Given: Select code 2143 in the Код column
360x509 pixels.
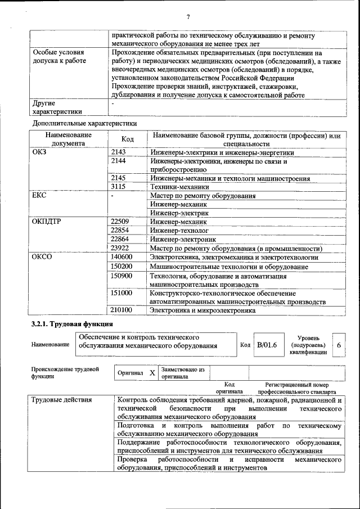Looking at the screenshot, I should [x=119, y=152].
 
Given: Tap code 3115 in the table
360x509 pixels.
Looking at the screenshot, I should [x=119, y=186].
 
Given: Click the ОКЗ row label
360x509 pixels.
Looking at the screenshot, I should [x=40, y=152].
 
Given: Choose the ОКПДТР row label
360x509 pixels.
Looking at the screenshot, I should [x=46, y=222].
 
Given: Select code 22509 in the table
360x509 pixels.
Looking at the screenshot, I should [x=120, y=222].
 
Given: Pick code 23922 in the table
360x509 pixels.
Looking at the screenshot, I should [x=120, y=247].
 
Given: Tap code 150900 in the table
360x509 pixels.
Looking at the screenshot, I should [x=121, y=276].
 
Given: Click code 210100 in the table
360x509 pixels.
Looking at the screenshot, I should [x=121, y=310].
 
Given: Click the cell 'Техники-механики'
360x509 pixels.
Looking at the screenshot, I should [x=179, y=187].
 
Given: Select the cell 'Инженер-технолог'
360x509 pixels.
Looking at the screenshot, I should [x=179, y=231].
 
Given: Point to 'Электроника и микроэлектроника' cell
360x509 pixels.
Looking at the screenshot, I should [x=202, y=310].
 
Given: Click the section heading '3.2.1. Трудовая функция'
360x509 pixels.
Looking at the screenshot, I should [x=71, y=325].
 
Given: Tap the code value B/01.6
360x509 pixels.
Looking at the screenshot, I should [x=267, y=345].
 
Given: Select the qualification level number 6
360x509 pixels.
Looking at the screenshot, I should [x=339, y=345].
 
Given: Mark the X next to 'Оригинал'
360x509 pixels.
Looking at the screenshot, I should [x=152, y=373].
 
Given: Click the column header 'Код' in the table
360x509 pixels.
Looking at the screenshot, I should [x=128, y=139].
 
